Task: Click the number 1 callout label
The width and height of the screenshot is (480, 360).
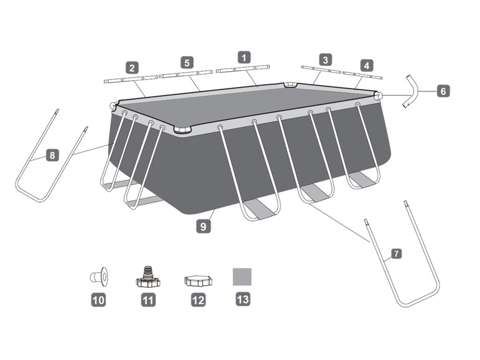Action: pos(245,57)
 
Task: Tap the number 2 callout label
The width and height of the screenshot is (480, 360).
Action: pos(131,67)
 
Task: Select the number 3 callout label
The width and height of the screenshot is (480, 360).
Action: pos(325,60)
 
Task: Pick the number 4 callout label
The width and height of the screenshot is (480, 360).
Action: pos(367,65)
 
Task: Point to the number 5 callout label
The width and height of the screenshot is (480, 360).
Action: pos(187,62)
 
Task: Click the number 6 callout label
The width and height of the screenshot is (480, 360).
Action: pos(442,91)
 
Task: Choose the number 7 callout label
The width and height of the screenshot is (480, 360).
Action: pos(396,254)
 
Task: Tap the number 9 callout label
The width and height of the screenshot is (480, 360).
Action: pos(203,226)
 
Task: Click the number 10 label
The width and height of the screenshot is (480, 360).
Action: pos(98,300)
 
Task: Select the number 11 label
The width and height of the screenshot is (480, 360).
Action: pos(148,300)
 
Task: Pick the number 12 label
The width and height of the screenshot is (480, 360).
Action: pos(198,300)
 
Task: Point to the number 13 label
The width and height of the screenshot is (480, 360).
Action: pos(242,299)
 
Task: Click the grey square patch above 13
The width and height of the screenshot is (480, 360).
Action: pos(242,277)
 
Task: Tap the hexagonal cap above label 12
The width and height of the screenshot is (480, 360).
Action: pos(198,280)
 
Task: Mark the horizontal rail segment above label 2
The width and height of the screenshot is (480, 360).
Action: pos(130,80)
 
